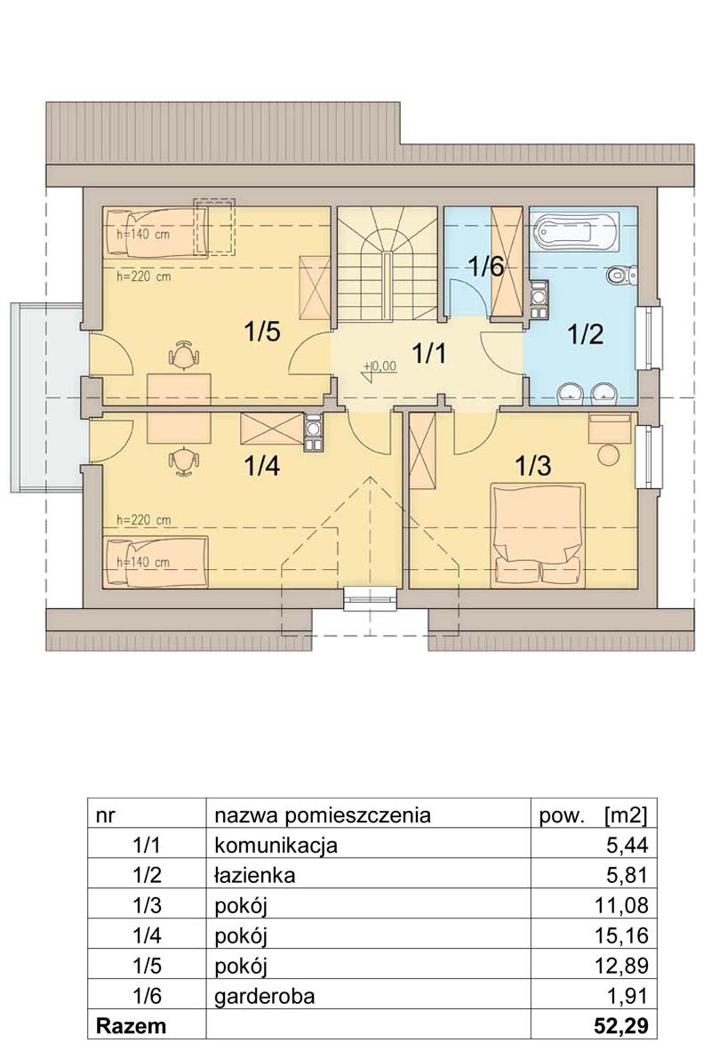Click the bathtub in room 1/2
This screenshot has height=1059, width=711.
pyautogui.click(x=575, y=229)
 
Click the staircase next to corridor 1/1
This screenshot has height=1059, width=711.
pyautogui.click(x=387, y=264)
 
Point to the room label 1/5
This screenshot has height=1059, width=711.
pyautogui.click(x=262, y=332)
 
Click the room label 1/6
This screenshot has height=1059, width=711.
pyautogui.click(x=486, y=267)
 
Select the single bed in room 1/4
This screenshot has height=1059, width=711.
pyautogui.click(x=156, y=561)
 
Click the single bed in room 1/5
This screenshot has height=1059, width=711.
pyautogui.click(x=156, y=232)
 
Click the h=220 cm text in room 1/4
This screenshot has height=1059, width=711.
pyautogui.click(x=144, y=520)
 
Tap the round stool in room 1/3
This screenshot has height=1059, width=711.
pyautogui.click(x=609, y=453)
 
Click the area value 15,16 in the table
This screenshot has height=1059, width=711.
pyautogui.click(x=621, y=935)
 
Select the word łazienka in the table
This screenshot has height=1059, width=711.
pyautogui.click(x=254, y=875)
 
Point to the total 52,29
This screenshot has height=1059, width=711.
pyautogui.click(x=621, y=1027)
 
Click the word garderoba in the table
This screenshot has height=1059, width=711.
pyautogui.click(x=265, y=996)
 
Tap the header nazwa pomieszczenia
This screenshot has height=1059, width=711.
pyautogui.click(x=323, y=815)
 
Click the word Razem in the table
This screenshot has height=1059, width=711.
pyautogui.click(x=131, y=1027)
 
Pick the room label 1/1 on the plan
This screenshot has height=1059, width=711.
pyautogui.click(x=429, y=352)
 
